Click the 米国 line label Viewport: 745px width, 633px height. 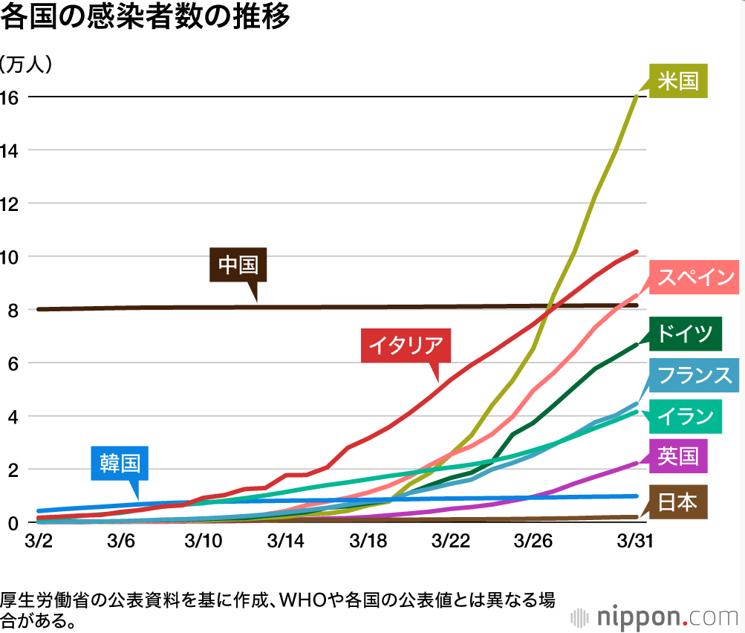pos(678,81)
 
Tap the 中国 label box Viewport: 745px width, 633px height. pos(238,264)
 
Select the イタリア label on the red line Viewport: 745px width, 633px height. pos(406,345)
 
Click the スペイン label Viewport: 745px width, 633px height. pos(694,277)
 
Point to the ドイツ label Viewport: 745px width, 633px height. pos(685,334)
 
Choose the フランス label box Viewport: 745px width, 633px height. pos(694,375)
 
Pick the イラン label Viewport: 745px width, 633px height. pos(685,417)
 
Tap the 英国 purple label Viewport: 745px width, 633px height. pos(678,456)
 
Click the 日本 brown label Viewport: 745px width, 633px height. pos(678,501)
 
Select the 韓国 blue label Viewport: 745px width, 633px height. pos(120,464)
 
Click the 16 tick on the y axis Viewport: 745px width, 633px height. pos(9,98)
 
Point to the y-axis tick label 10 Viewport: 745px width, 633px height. pos(9,258)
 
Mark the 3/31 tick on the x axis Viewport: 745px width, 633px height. pos(635,541)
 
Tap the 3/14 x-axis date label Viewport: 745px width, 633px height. pos(285,541)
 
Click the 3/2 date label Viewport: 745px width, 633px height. pos(39,541)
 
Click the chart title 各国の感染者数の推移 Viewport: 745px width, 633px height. pos(145,16)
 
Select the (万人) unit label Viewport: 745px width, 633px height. pos(26,64)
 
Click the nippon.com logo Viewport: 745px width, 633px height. pos(654,617)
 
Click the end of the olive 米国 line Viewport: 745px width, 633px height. pos(637,97)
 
